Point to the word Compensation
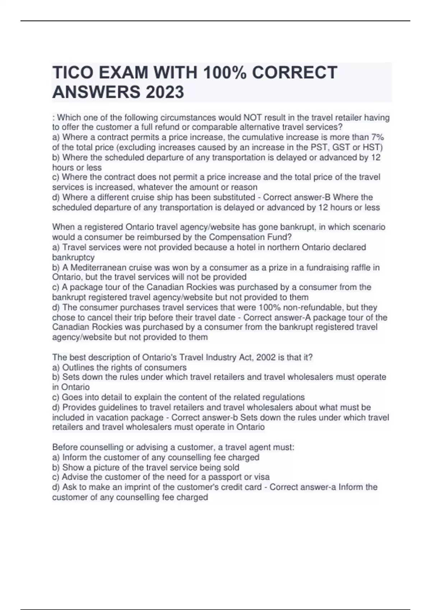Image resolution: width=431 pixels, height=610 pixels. (234, 237)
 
